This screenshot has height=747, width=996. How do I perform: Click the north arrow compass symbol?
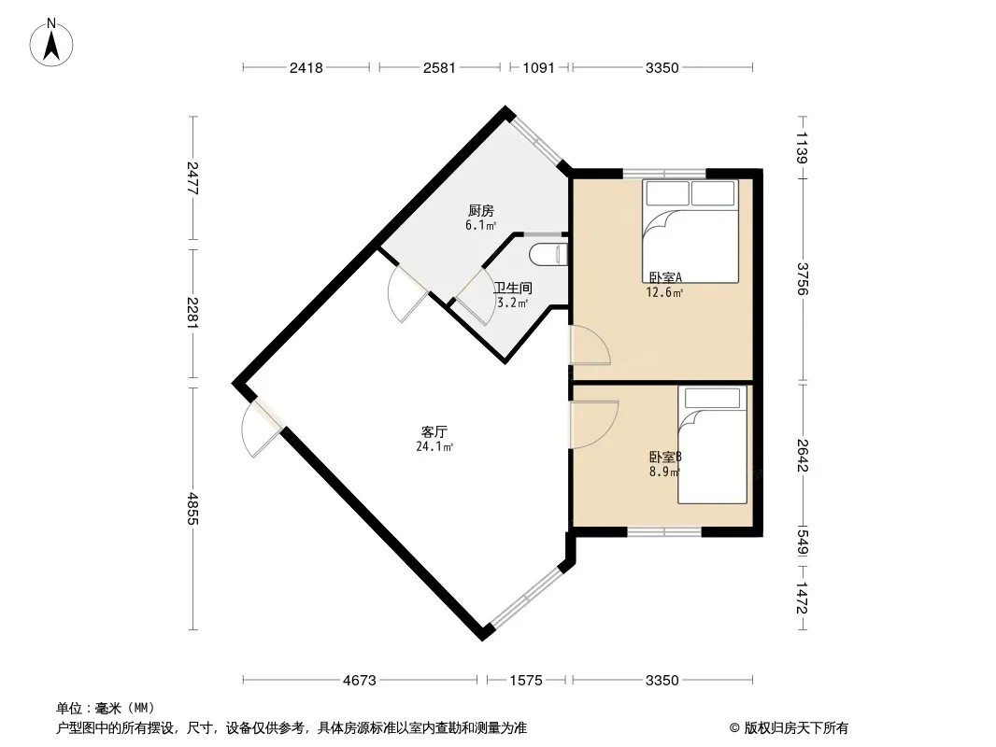pyautogui.click(x=51, y=43)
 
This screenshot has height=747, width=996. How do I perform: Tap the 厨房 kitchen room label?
pyautogui.click(x=480, y=210)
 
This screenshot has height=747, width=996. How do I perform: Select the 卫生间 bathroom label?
pyautogui.click(x=513, y=288)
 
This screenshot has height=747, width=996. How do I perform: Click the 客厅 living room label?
pyautogui.click(x=434, y=431)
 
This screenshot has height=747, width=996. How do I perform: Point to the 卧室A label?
pyautogui.click(x=665, y=277)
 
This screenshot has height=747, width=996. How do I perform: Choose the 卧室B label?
pyautogui.click(x=665, y=457)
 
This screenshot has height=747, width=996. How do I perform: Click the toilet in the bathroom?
pyautogui.click(x=547, y=255)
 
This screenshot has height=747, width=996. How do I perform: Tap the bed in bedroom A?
pyautogui.click(x=690, y=231)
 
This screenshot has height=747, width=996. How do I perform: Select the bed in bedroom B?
pyautogui.click(x=712, y=444)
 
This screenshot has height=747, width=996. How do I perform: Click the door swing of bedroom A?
pyautogui.click(x=590, y=345)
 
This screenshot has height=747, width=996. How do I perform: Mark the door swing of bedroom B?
pyautogui.click(x=594, y=425)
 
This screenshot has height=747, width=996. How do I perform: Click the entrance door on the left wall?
pyautogui.click(x=262, y=427)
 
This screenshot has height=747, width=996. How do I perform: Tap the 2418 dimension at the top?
pyautogui.click(x=306, y=67)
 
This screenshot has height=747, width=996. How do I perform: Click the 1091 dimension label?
pyautogui.click(x=539, y=67)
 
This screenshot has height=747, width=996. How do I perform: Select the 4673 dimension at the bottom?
pyautogui.click(x=360, y=681)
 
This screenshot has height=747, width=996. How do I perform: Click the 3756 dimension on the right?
pyautogui.click(x=803, y=278)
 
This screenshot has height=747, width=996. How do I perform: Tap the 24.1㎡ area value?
pyautogui.click(x=434, y=447)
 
